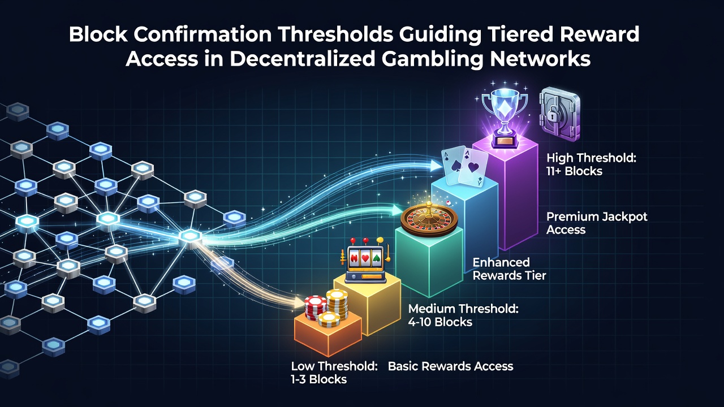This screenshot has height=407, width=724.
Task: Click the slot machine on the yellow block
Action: tap(365, 260)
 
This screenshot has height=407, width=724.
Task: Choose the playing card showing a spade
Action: tap(454, 164)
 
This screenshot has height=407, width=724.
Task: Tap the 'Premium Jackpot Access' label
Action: tap(597, 223)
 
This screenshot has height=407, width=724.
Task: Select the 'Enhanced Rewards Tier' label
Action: tap(510, 269)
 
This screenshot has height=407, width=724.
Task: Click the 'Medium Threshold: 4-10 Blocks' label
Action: tap(463, 315)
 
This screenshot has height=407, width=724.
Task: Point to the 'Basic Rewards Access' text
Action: tap(451, 366)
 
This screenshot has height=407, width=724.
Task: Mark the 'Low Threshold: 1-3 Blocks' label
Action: tap(334, 373)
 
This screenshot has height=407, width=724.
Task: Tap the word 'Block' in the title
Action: tap(98, 34)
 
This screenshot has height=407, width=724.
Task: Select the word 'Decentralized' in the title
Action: tap(302, 59)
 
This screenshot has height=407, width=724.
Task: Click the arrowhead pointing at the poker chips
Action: tap(299, 302)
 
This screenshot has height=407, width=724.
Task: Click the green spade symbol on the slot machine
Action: tap(376, 258)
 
